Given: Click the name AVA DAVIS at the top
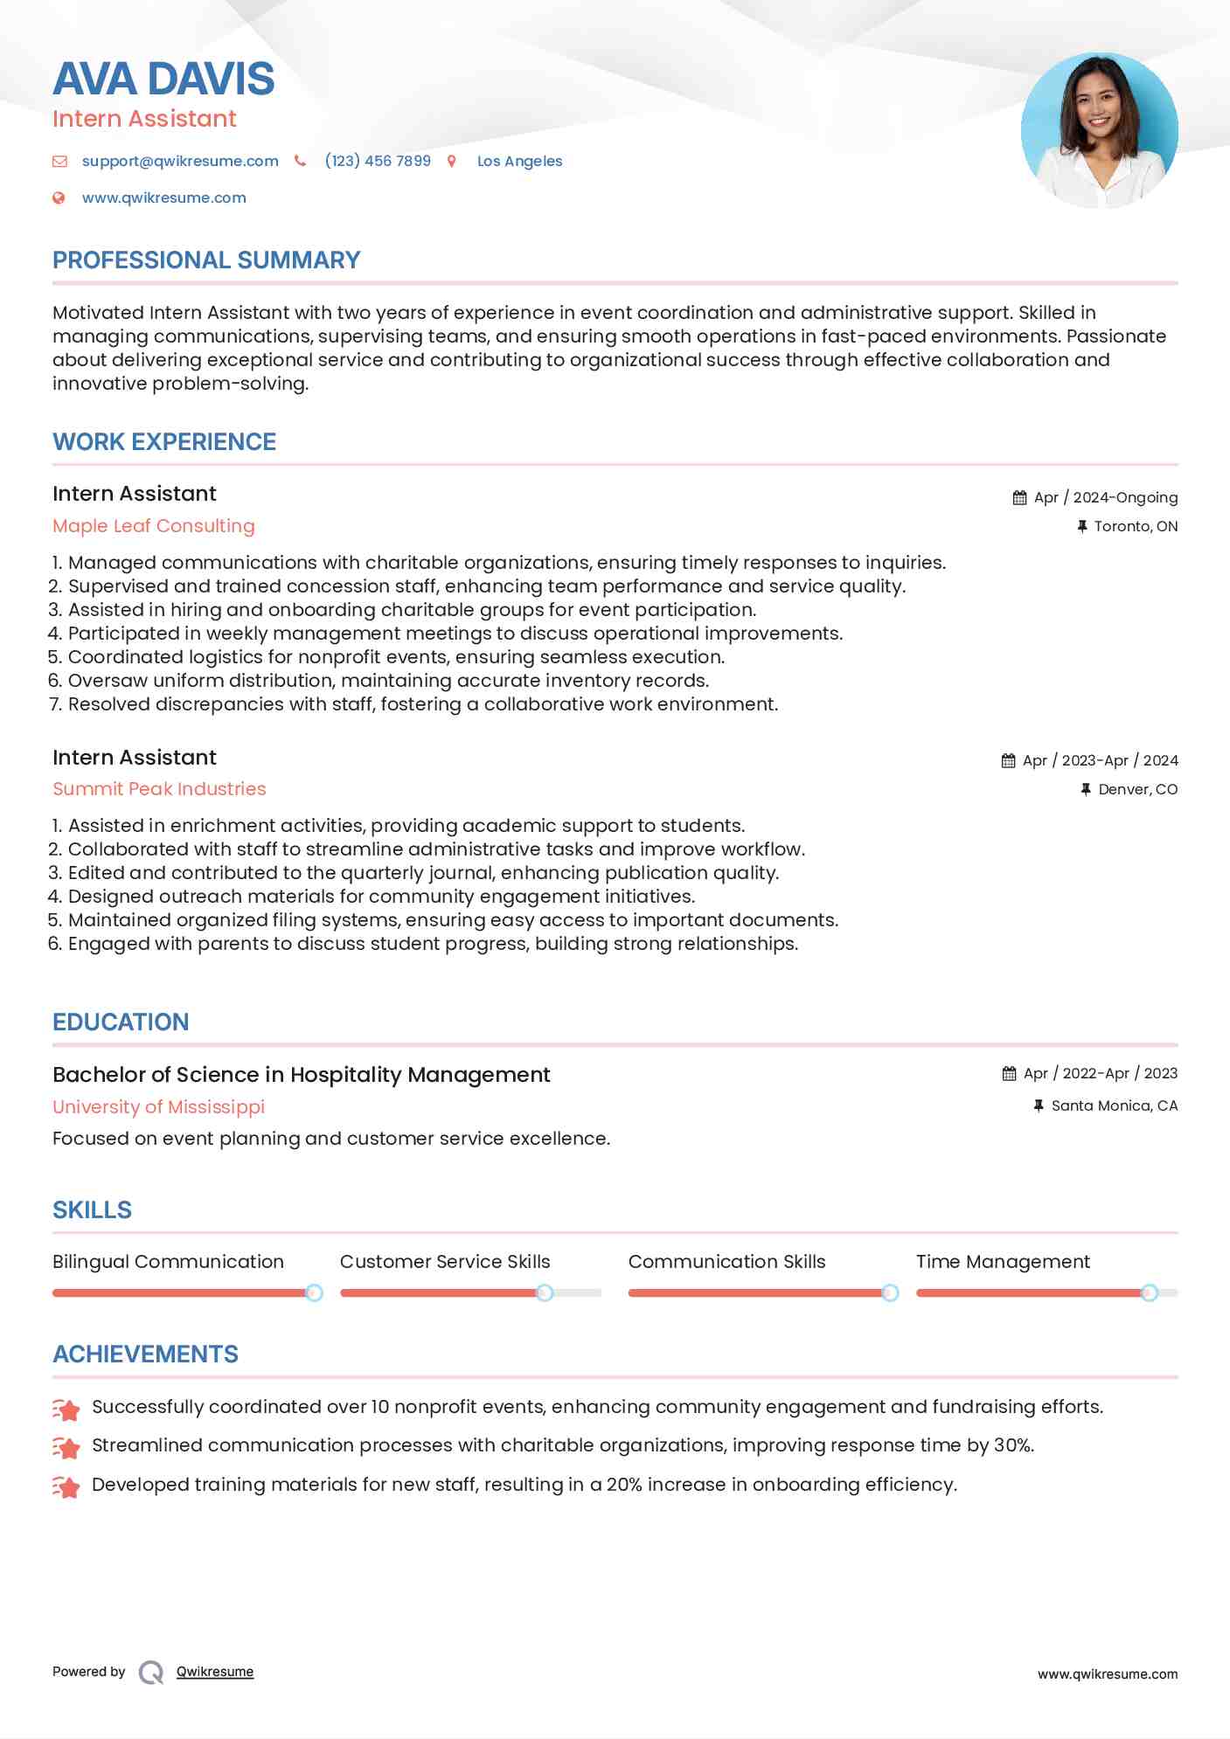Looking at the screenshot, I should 163,79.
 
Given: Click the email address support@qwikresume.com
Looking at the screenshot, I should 180,161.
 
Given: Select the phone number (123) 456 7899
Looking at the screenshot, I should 378,161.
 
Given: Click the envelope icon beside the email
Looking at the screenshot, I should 59,161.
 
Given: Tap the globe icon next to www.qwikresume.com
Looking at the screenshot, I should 59,197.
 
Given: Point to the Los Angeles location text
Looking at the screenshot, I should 519,161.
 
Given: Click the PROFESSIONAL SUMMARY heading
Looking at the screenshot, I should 206,260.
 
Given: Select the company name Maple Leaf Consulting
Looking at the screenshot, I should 154,526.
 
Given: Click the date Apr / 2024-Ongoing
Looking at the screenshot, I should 1105,497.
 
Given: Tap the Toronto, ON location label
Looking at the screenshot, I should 1135,526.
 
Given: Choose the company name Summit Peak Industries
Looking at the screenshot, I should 159,789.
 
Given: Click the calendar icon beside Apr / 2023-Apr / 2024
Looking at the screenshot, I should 1008,760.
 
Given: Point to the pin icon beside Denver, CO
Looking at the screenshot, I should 1085,789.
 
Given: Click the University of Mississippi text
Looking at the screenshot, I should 158,1106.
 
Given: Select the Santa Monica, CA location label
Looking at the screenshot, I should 1114,1105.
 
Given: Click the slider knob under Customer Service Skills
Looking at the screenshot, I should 545,1292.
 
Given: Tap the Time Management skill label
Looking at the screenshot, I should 1003,1262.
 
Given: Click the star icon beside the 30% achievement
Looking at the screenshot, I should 66,1447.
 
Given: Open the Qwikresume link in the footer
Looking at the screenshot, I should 215,1672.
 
